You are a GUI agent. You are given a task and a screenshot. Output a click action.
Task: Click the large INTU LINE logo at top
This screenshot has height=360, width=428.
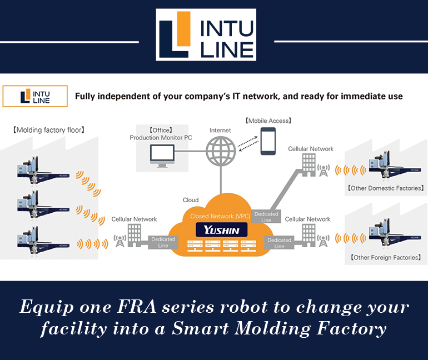[213, 34]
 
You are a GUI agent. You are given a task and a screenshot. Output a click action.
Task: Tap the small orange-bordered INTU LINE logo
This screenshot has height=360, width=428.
[35, 96]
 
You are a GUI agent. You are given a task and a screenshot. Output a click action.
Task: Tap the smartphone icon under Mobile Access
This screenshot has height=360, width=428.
[268, 140]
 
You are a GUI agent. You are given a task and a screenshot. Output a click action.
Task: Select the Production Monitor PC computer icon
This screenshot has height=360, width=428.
[162, 156]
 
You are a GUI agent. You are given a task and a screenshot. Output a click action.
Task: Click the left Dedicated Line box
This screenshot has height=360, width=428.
[163, 242]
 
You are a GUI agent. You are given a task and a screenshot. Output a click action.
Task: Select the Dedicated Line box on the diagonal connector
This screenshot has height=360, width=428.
[266, 217]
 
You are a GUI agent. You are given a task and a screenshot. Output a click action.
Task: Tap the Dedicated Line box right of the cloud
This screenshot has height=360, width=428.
[279, 243]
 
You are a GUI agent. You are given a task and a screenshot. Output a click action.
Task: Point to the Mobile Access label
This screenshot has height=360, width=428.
[268, 120]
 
